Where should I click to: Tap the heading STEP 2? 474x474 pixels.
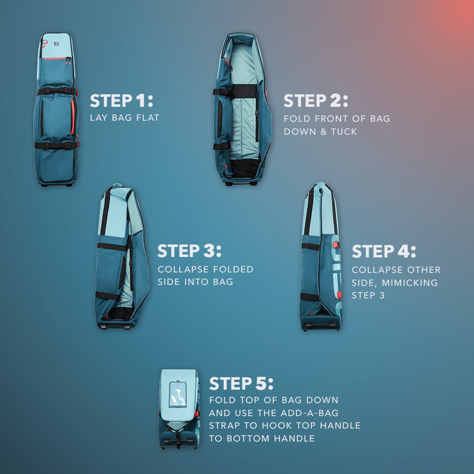[x=316, y=100]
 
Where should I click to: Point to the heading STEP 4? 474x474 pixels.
[x=384, y=251]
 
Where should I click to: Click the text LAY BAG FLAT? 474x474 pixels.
[x=125, y=118]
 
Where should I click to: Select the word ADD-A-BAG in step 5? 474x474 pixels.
[x=315, y=412]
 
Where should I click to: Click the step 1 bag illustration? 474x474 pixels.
[x=56, y=110]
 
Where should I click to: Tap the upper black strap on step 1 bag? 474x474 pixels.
[x=56, y=92]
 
